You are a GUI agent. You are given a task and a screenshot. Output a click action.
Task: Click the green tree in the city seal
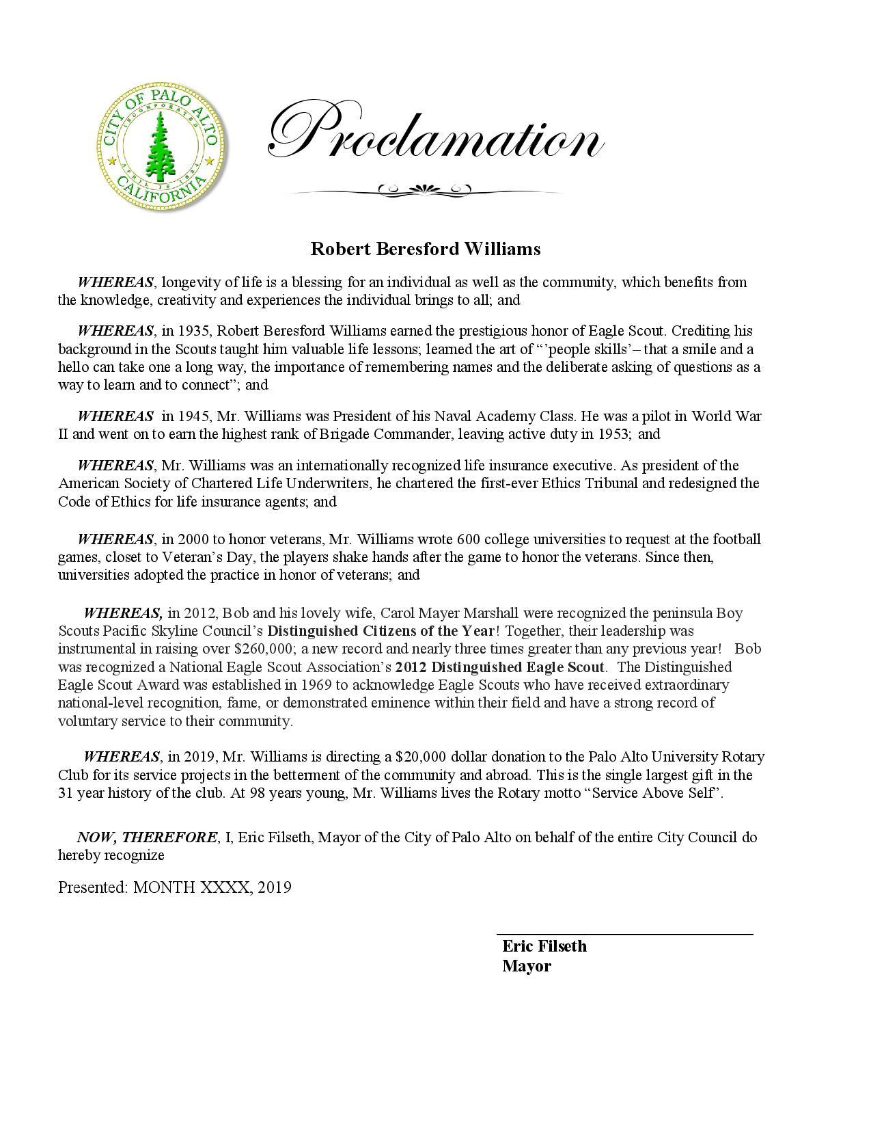tap(161, 144)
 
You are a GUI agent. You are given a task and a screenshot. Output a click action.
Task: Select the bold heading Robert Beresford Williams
tap(425, 249)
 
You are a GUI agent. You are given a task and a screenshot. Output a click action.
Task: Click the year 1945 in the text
tap(195, 416)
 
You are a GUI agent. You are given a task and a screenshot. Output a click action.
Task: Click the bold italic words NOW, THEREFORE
tap(147, 837)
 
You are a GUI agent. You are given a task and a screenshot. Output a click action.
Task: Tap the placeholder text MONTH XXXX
tap(193, 887)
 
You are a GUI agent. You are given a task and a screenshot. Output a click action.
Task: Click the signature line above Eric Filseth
tap(624, 934)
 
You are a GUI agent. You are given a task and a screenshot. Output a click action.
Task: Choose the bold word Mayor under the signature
tap(527, 966)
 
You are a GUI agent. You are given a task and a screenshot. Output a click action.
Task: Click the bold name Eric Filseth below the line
tap(544, 946)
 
